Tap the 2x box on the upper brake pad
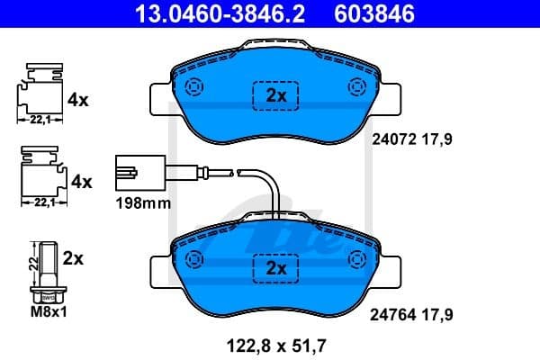274,95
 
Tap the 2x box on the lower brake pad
274,267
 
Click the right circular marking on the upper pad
355,87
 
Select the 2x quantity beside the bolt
74,258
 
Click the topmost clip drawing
40,90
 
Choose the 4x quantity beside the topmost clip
78,101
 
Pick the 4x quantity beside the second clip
81,182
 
